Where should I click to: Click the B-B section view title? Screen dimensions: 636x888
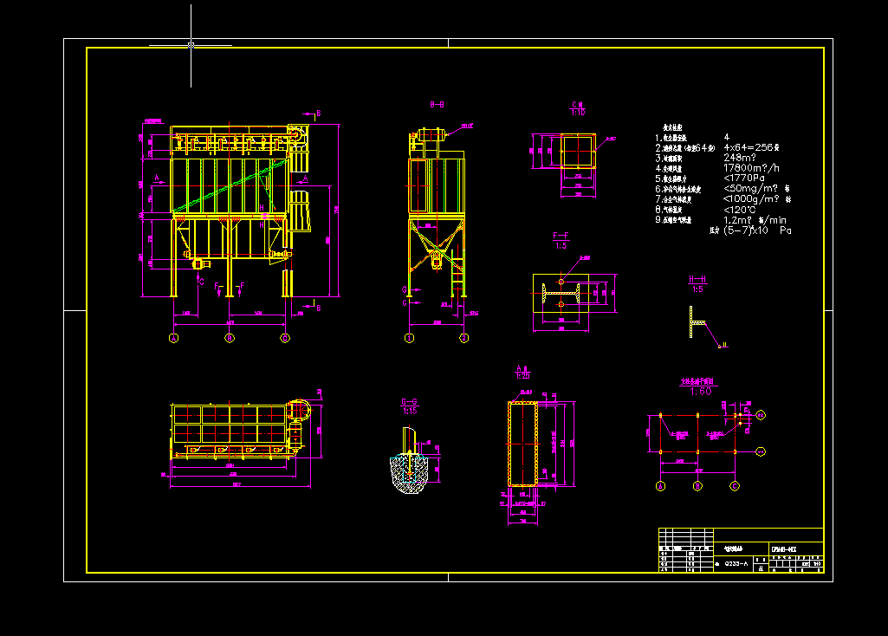pos(438,104)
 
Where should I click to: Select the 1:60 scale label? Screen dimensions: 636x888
pos(699,391)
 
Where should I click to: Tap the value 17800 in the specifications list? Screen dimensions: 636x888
pos(740,168)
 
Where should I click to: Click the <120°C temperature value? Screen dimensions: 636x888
pos(740,210)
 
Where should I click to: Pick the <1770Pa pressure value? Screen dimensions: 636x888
pos(744,178)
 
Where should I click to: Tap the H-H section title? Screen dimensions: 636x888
pos(697,279)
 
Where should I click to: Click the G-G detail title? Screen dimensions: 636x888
pos(409,401)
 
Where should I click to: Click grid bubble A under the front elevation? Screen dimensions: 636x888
pos(173,338)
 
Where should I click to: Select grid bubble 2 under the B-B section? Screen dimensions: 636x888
pos(464,338)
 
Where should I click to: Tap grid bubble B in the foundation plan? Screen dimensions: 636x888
pos(697,487)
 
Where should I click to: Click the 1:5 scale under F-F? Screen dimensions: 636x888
pos(561,245)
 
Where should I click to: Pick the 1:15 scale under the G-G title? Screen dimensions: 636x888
pos(409,410)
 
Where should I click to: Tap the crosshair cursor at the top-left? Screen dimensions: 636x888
pos(191,44)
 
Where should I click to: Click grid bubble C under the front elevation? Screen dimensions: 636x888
pos(285,338)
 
